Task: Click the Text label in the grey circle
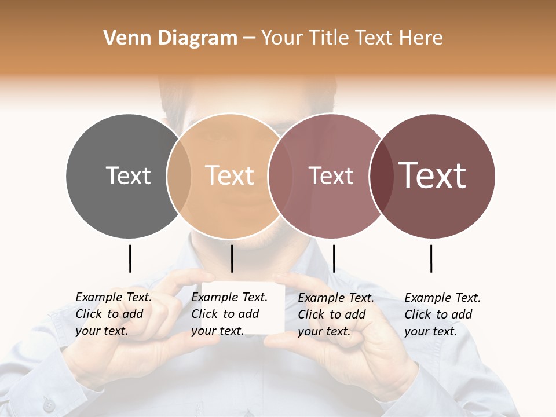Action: click(128, 175)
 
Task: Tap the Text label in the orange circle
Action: click(230, 175)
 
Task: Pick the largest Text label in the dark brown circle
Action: click(433, 175)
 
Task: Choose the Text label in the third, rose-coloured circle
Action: click(331, 175)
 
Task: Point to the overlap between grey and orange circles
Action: click(179, 175)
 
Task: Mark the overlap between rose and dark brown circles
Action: click(381, 175)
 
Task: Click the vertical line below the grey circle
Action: click(130, 258)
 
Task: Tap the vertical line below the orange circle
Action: click(232, 258)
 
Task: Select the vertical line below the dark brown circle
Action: click(431, 258)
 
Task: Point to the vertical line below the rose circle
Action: click(334, 258)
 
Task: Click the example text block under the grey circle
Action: click(114, 314)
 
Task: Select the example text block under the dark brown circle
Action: click(442, 314)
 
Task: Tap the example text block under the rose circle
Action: click(336, 314)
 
